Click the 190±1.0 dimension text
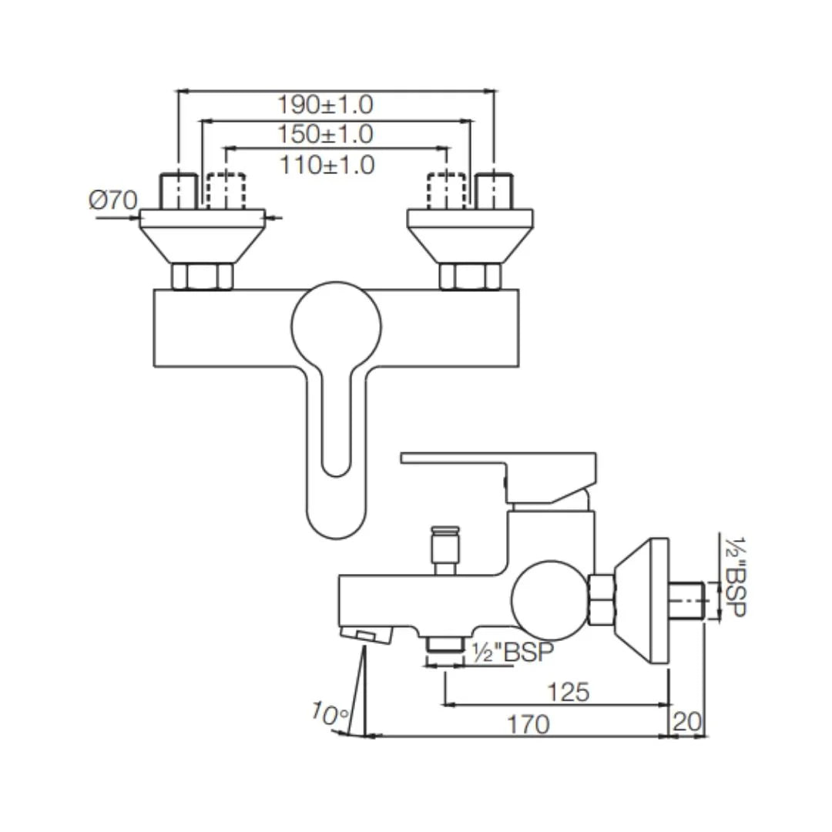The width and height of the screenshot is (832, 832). click(324, 104)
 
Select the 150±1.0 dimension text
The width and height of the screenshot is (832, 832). click(324, 134)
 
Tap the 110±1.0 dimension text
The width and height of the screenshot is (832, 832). click(326, 164)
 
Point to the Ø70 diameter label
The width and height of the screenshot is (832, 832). click(112, 201)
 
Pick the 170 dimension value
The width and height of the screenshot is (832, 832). click(528, 724)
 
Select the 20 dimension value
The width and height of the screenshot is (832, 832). click(687, 723)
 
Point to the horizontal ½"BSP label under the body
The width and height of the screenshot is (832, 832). click(512, 653)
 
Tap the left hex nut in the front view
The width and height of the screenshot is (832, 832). click(202, 276)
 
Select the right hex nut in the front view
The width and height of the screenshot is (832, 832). click(470, 276)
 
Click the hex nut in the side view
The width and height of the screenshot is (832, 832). click(601, 600)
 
